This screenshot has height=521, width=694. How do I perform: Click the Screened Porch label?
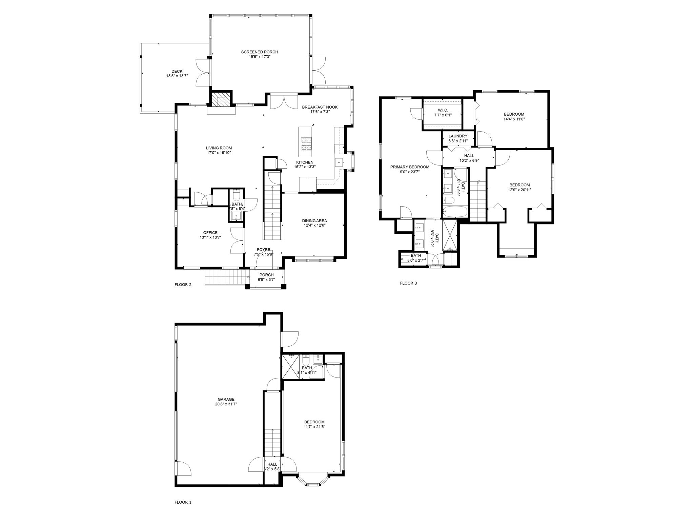point(259,52)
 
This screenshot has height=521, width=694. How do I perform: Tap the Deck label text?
point(177,71)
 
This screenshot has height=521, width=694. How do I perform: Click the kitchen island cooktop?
point(307,143)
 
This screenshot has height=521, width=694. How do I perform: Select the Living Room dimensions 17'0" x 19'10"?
point(219,153)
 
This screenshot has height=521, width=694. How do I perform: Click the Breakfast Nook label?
point(320,107)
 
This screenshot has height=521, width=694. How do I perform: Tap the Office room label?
point(210,233)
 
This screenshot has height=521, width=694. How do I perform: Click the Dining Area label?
point(314,220)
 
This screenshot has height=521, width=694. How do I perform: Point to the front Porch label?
point(266,275)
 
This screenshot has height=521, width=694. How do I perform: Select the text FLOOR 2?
point(183,285)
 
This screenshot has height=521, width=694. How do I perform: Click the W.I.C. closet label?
point(443,110)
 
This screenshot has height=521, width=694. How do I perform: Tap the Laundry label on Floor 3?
point(458,136)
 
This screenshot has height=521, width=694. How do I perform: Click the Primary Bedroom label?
point(410,167)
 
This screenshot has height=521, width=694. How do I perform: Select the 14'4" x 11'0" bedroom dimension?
point(514,119)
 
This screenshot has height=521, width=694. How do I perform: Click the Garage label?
point(226,399)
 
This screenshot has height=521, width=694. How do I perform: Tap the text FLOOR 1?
point(183,512)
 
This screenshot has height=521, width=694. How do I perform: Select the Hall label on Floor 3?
point(469,156)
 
